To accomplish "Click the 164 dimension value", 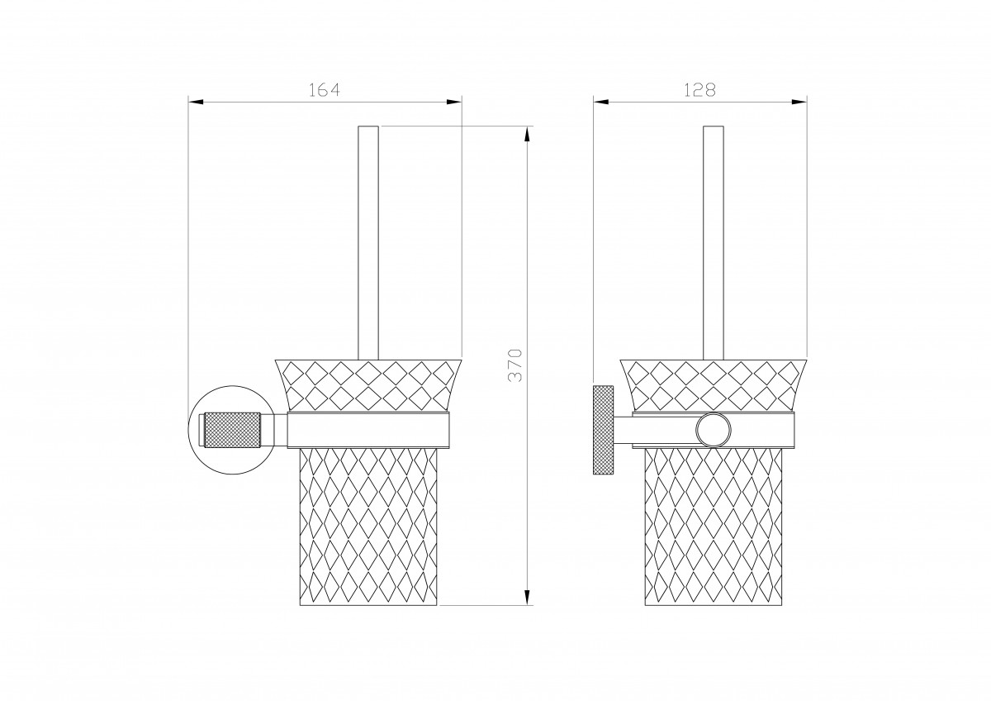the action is [325, 90].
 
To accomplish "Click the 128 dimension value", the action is [699, 90].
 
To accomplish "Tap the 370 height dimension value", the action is [515, 365].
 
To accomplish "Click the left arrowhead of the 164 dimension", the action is [196, 103].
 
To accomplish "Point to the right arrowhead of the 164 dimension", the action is [454, 103].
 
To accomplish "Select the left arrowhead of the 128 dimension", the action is [601, 103].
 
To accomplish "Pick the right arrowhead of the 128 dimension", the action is [799, 103].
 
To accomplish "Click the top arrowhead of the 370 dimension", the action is [527, 134].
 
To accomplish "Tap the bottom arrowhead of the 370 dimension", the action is [527, 598].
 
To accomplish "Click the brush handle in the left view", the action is [368, 243].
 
